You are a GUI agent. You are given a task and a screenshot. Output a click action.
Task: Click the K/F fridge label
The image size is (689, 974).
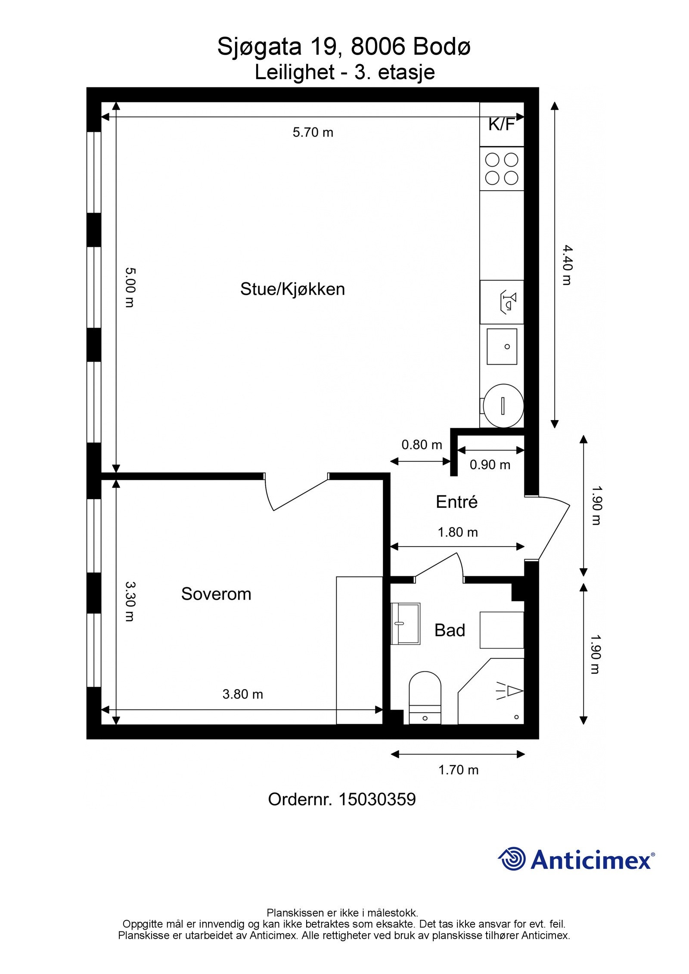[x=501, y=124]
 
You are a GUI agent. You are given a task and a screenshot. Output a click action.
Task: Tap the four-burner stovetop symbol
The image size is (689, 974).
[x=502, y=169]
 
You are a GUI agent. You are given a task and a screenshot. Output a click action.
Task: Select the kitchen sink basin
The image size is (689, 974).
[x=502, y=346]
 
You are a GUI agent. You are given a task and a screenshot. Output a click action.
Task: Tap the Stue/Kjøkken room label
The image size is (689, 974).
[x=292, y=289]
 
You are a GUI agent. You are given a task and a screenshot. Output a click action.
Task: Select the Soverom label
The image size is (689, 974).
[x=216, y=594]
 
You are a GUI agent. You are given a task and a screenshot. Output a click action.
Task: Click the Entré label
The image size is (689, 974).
[x=456, y=502]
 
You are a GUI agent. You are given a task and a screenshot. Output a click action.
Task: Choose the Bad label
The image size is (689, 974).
[x=450, y=630]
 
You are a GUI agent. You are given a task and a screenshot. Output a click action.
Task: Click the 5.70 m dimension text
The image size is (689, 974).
[x=313, y=133]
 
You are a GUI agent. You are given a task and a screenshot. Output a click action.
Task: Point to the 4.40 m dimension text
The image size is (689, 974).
[x=567, y=265]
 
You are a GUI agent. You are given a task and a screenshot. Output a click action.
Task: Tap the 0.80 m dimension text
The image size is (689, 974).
[x=422, y=445]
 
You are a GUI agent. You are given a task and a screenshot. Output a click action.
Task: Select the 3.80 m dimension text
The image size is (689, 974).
[x=242, y=694]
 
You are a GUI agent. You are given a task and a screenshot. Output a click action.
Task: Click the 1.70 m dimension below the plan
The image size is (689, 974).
[x=458, y=770]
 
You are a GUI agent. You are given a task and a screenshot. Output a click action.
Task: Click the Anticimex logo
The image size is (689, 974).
[x=576, y=860]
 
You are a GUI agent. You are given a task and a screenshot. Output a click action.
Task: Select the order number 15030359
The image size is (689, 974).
[x=377, y=800]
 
